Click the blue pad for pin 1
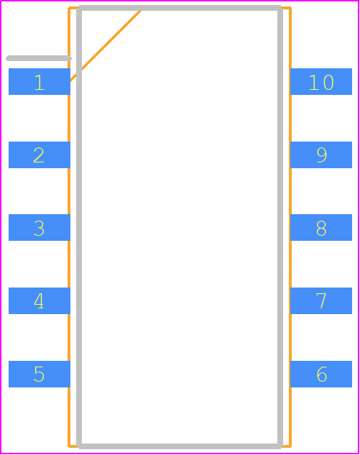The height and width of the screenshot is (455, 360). coord(40,81)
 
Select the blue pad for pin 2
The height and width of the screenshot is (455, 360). coord(40,155)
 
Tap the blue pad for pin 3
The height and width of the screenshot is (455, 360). coord(40,227)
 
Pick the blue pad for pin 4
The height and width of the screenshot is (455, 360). coord(40,300)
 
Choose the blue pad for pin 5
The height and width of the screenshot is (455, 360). coord(40,374)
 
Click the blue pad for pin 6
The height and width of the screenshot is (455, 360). coord(321,374)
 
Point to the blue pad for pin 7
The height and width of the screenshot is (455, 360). coord(321,300)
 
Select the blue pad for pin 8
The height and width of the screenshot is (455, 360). coord(321,227)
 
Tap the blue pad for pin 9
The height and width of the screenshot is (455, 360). coord(321,155)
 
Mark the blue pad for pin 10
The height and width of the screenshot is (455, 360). coord(321,81)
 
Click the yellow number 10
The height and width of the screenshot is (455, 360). coord(321,83)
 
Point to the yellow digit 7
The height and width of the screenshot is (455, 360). coord(321,300)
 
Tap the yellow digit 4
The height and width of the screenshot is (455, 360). coord(39,300)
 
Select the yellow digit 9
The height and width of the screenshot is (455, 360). coord(322,155)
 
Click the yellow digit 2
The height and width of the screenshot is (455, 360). coord(39,155)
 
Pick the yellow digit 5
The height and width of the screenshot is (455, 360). coord(40,374)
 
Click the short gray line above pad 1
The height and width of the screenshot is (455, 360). coord(39,58)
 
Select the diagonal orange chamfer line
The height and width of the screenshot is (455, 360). coord(106,45)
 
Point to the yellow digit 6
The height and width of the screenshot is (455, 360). coord(322,374)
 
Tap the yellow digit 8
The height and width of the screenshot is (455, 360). coord(321,228)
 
